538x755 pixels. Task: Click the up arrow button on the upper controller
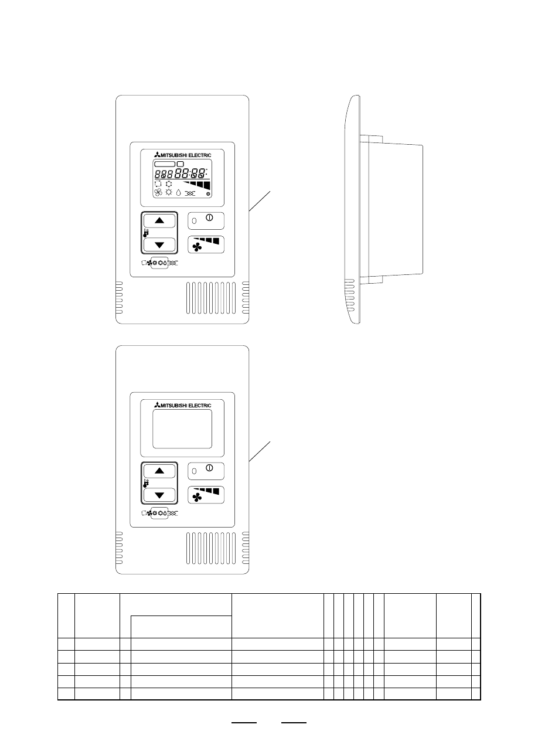(x=159, y=221)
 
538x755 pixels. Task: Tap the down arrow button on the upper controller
(x=159, y=244)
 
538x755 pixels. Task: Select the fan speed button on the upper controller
(x=206, y=244)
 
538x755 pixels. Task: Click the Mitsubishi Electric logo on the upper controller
(x=183, y=155)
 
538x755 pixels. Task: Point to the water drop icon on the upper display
(x=179, y=193)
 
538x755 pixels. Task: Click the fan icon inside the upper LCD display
(x=158, y=192)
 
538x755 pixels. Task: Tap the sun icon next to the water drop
(x=169, y=192)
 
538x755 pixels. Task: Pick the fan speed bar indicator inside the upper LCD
(x=197, y=185)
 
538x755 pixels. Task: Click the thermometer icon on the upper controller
(x=146, y=233)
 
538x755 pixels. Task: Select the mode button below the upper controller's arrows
(x=159, y=263)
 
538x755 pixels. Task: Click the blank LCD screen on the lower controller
(x=182, y=428)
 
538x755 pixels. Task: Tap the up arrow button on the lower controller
(x=159, y=471)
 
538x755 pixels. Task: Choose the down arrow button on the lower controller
(x=159, y=495)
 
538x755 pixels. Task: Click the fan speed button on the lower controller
(x=206, y=495)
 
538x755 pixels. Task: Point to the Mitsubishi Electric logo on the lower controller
(x=183, y=405)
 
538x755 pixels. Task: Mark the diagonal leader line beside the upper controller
(x=260, y=201)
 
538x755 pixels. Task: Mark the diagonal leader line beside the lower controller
(x=260, y=451)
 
